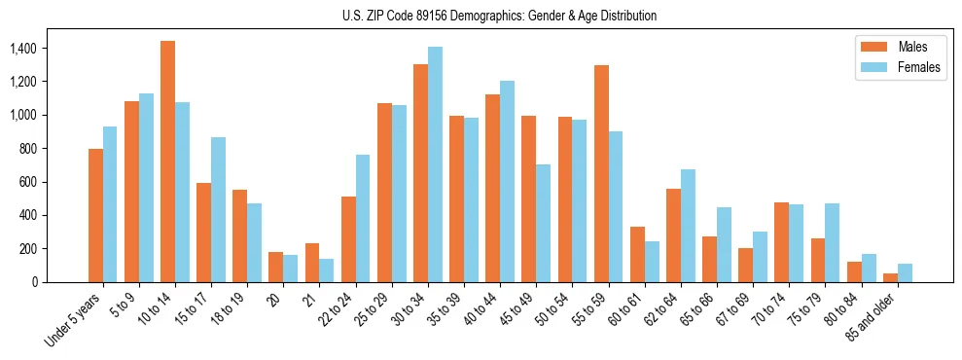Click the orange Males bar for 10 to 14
click(167, 162)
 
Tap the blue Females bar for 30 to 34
click(435, 164)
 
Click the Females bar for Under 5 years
click(110, 204)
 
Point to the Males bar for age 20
click(275, 267)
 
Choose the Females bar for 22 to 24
click(363, 218)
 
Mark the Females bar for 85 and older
click(905, 272)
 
